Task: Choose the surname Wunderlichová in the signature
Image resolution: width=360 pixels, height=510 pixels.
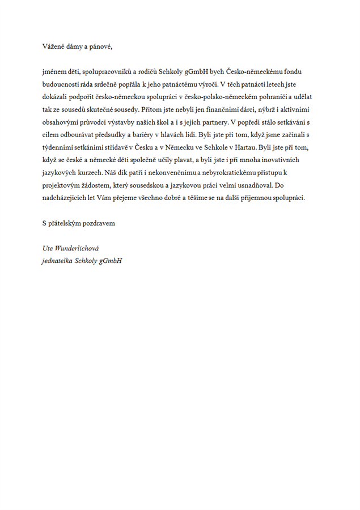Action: (x=78, y=249)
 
